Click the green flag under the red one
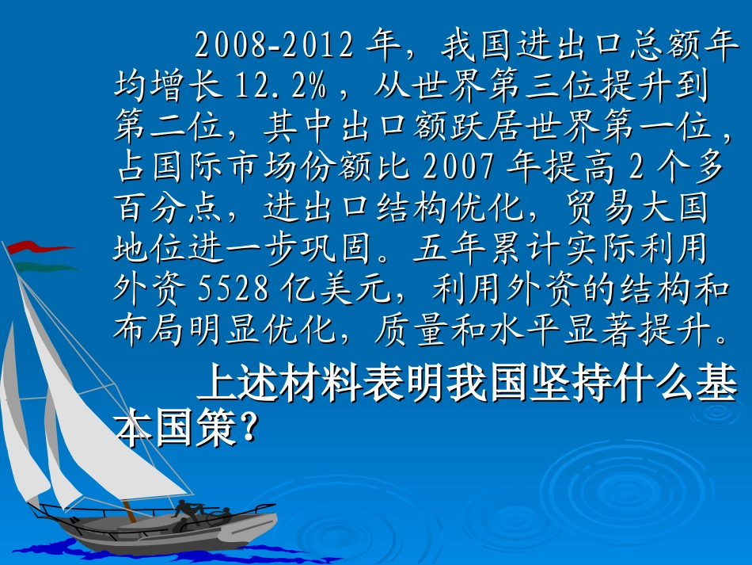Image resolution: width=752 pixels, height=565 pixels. [x=44, y=267]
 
